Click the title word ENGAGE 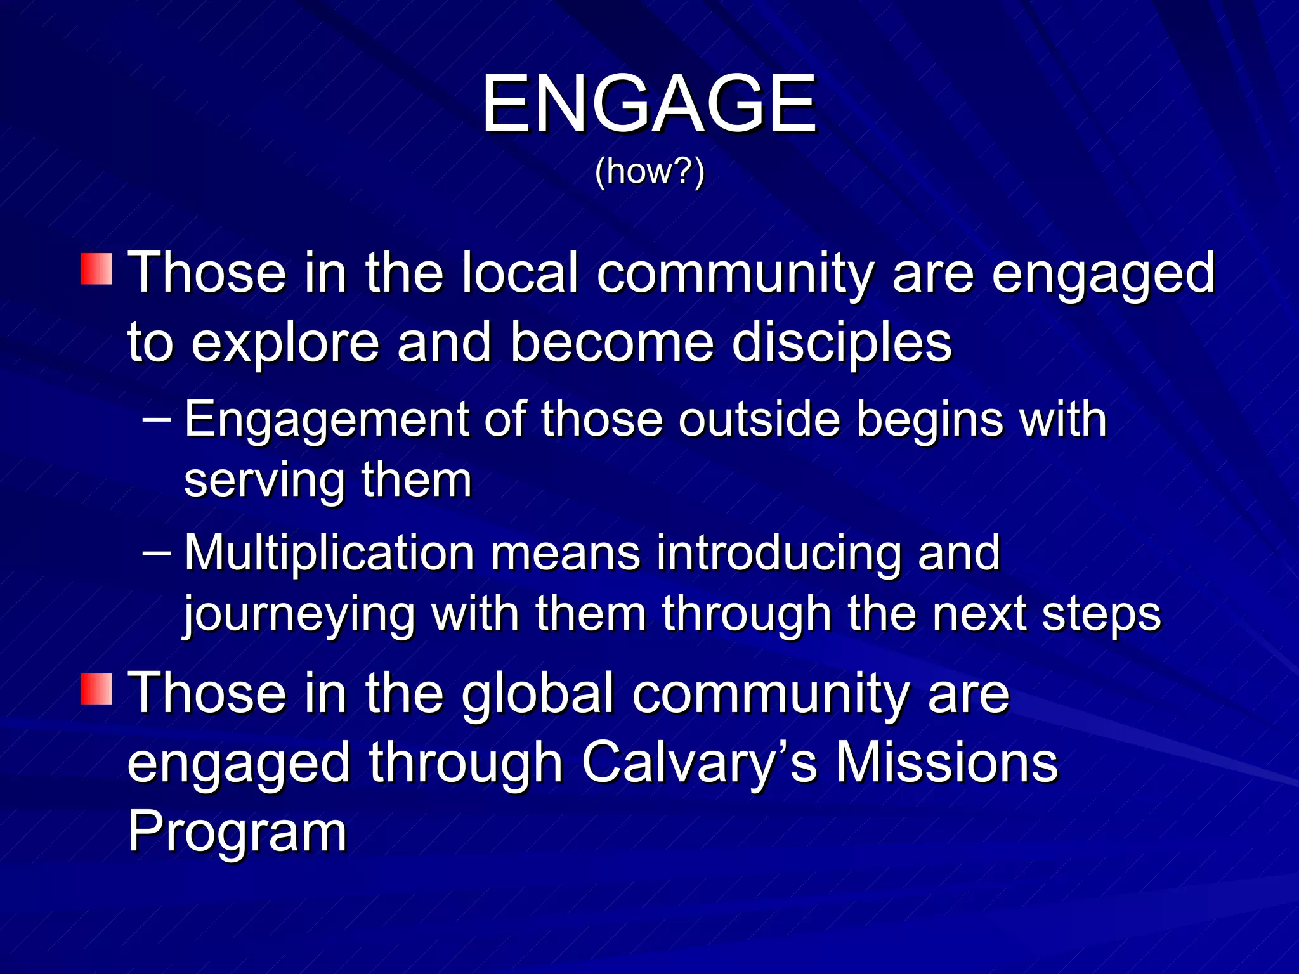649,103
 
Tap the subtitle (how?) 649,171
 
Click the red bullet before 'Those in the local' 96,269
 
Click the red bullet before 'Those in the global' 96,689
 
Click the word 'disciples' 841,342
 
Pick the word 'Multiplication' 329,554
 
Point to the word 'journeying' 299,615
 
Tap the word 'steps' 1101,615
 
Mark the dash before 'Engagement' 157,419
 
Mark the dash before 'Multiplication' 157,553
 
